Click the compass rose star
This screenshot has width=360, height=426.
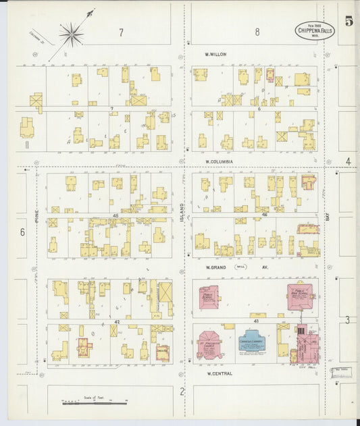[70, 32]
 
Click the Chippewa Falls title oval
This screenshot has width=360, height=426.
[315, 30]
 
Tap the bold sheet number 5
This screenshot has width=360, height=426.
[349, 21]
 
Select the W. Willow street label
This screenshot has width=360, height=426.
[216, 54]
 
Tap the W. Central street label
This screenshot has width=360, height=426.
[220, 373]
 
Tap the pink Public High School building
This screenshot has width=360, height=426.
[300, 296]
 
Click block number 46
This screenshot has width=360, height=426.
[264, 215]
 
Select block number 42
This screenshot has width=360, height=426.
[116, 322]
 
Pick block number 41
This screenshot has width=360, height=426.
[256, 321]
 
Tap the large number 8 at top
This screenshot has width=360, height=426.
[257, 32]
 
